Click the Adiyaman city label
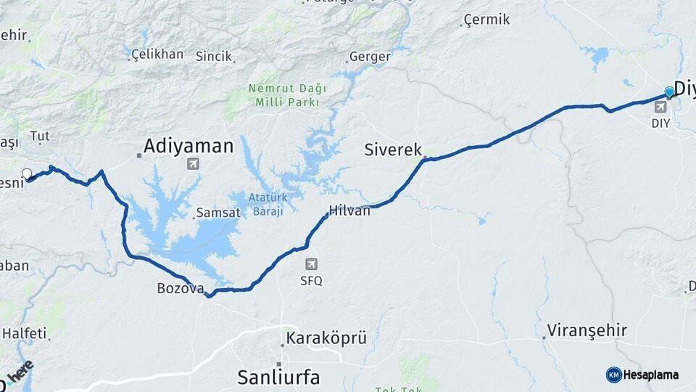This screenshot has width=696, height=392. coord(188,147)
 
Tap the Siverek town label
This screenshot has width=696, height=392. coord(392,150)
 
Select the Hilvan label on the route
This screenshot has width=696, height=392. coord(349,211)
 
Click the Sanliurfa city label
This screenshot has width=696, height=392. coord(278,377)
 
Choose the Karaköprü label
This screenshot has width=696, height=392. coord(326,338)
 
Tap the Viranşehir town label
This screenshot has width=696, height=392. coord(587,330)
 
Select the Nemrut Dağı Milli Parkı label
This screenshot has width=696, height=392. coord(287,95)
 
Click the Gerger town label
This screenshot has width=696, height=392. coord(370,57)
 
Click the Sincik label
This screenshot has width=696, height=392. coord(214,56)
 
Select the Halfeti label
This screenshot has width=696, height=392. coord(25,333)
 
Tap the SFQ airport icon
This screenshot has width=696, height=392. coord(312,265)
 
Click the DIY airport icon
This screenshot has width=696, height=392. coord(660,107)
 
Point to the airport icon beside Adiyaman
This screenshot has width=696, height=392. coord(193,163)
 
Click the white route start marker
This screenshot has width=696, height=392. coord(28,174)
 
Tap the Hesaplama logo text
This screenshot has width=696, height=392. coord(650,375)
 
